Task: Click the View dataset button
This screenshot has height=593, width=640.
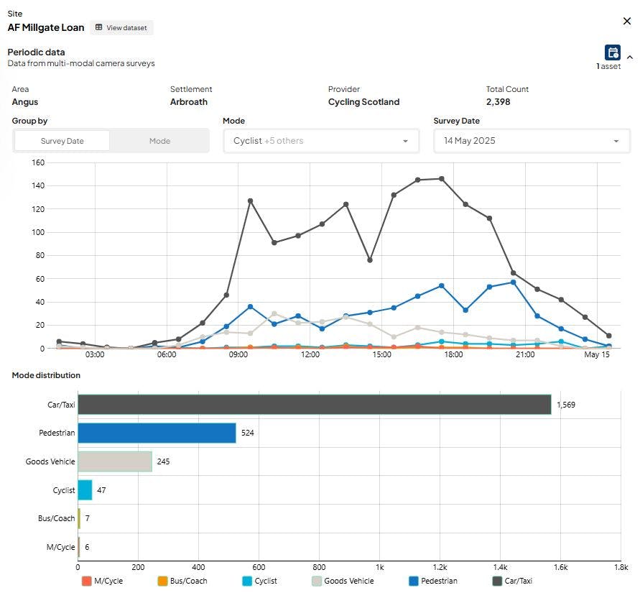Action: pos(121,28)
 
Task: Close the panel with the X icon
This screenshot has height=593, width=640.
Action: pos(627,21)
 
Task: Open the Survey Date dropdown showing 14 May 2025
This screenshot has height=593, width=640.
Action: pos(532,141)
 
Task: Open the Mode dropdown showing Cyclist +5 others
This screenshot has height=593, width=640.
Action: pos(321,141)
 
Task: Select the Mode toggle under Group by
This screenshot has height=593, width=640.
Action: pos(159,141)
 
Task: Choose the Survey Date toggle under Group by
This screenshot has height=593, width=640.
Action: pos(62,141)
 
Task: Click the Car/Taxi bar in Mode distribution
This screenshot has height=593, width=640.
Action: pos(315,404)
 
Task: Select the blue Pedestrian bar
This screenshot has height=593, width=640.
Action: pos(157,433)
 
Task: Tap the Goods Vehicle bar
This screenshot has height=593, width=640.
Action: pos(115,461)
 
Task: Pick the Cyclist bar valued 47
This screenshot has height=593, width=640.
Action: pos(85,490)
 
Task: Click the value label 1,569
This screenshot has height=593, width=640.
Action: pos(566,405)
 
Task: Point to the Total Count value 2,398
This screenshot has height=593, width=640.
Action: pos(498,102)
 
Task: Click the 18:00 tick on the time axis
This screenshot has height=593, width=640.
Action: pos(453,354)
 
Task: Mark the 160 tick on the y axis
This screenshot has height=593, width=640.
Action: pos(38,162)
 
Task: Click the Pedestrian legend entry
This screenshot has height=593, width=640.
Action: pos(433,581)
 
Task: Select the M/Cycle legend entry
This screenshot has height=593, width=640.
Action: pos(102,581)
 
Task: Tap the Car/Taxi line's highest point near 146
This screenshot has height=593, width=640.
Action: pos(442,179)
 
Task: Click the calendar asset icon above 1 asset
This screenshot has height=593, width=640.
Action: pos(612,52)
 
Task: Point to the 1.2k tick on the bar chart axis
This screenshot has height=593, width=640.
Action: pos(440,567)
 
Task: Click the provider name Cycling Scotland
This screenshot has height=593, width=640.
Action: pos(363,102)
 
